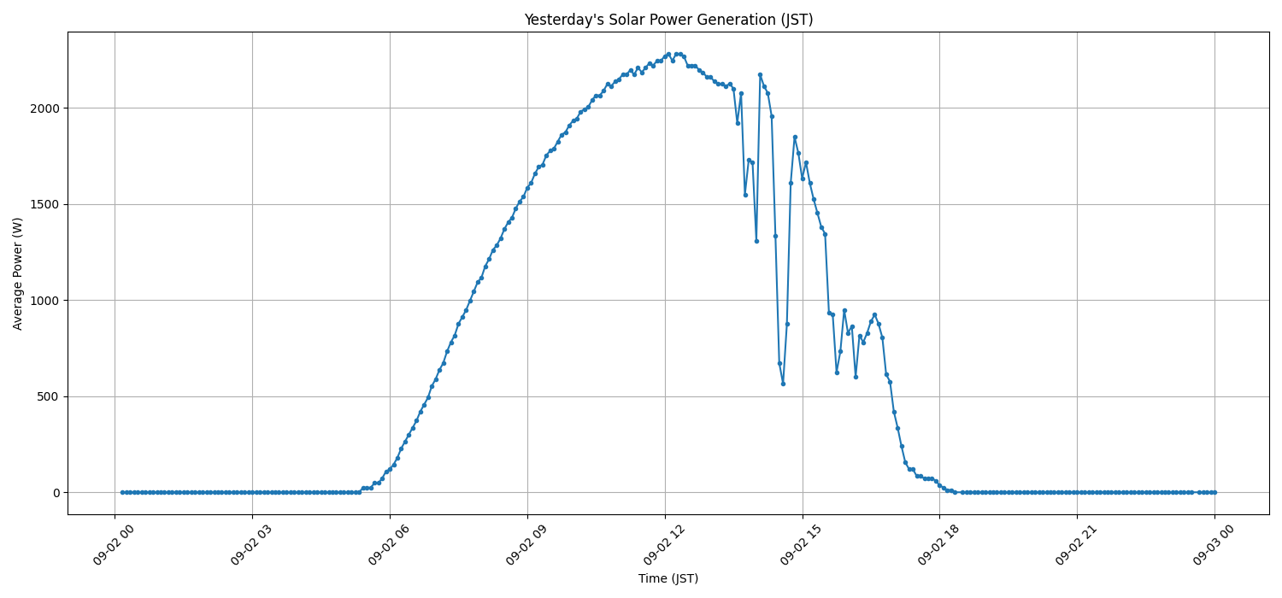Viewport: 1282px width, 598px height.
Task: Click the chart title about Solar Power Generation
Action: (x=668, y=20)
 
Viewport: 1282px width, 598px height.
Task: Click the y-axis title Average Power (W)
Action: (x=18, y=273)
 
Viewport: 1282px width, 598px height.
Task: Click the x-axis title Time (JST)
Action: (x=668, y=578)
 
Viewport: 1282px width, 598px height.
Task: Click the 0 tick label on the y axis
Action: (x=56, y=493)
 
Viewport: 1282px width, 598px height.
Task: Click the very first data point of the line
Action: (x=122, y=492)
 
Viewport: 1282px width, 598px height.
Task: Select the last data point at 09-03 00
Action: (x=1214, y=492)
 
